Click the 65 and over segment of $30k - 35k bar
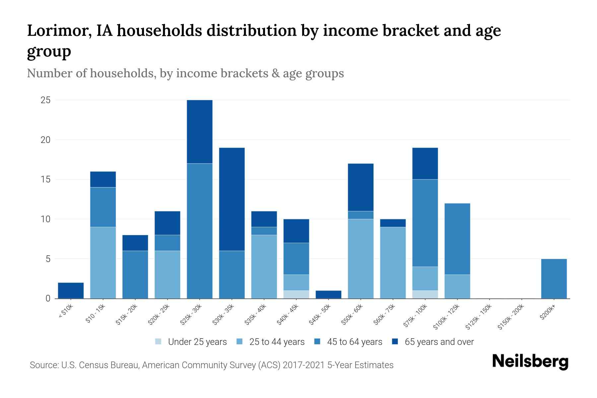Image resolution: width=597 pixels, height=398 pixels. [232, 199]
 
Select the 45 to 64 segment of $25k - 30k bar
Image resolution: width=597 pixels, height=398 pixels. [200, 231]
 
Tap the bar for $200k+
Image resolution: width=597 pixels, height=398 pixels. [554, 279]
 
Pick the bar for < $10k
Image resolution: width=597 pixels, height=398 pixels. [71, 291]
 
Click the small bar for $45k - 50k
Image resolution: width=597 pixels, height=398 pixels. [328, 295]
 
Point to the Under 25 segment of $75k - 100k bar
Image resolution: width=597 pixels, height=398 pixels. [425, 295]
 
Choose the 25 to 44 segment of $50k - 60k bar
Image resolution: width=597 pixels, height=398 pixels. [361, 259]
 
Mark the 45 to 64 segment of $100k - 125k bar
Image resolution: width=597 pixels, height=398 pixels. [457, 239]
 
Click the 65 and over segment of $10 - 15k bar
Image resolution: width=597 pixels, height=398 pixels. [103, 179]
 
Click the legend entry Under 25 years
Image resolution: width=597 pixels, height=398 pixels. [197, 342]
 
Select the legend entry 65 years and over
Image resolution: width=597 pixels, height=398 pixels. [439, 342]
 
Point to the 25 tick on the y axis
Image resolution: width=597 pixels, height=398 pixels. [45, 100]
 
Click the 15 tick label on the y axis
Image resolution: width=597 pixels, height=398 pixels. [45, 179]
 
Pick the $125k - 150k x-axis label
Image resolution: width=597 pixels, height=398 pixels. [478, 317]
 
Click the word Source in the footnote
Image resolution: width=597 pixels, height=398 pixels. [43, 365]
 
